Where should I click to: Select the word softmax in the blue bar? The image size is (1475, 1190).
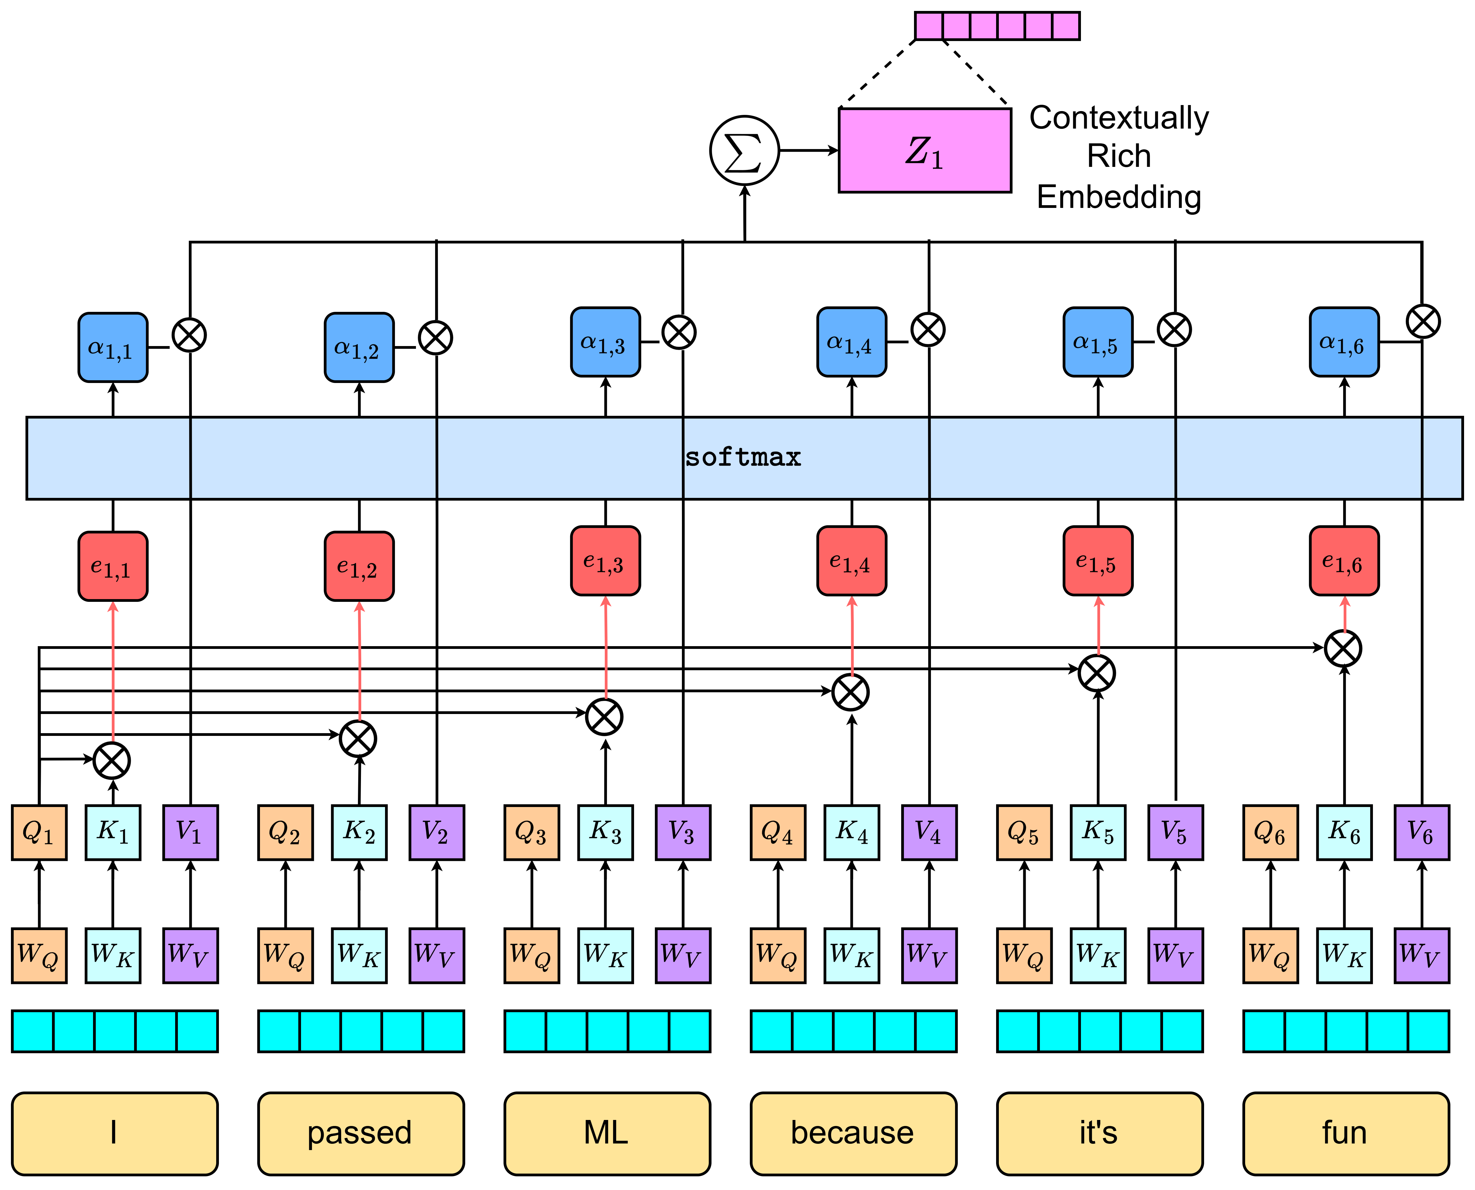[743, 457]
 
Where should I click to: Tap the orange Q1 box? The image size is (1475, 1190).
[39, 832]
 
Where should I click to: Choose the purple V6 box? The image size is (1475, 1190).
[1422, 832]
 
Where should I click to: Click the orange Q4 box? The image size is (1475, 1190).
[778, 832]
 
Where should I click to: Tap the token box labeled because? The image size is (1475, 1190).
[853, 1133]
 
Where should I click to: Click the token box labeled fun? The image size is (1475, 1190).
[1345, 1133]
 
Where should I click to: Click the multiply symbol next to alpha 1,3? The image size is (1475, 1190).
[679, 332]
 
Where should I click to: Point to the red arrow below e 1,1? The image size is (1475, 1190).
[113, 672]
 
